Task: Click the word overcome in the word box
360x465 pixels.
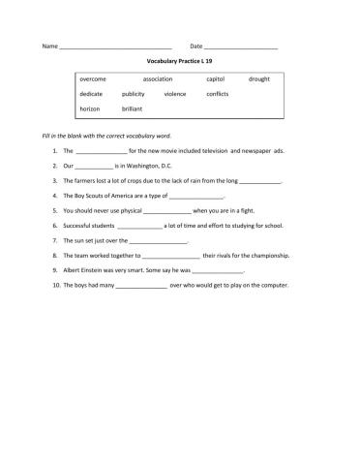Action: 93,77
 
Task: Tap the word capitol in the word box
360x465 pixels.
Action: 216,77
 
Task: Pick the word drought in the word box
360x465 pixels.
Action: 259,77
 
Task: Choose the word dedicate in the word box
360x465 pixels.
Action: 91,94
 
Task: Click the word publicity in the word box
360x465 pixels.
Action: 134,94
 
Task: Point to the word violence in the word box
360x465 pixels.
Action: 175,94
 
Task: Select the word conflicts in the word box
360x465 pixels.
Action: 218,94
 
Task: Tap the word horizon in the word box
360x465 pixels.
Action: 90,109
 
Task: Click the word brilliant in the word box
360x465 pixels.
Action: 134,109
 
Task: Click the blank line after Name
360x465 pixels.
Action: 115,47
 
